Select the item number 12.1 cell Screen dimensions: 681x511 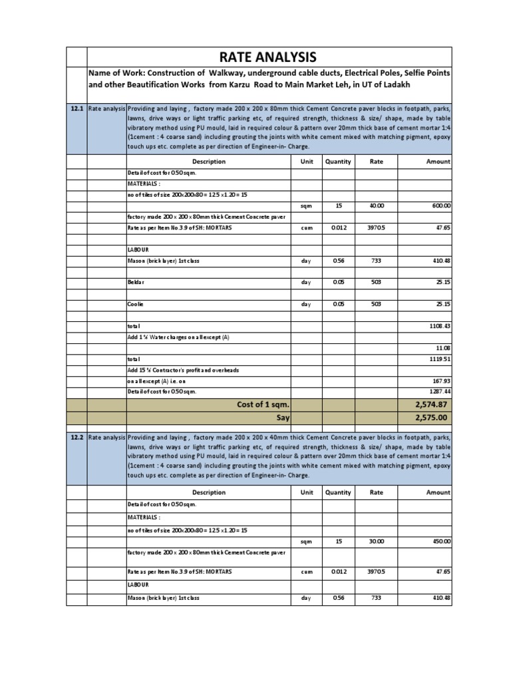(x=76, y=109)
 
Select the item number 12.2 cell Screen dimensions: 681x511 (x=76, y=438)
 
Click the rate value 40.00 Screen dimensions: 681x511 (x=377, y=206)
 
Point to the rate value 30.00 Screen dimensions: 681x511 (x=377, y=541)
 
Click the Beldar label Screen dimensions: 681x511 (x=136, y=283)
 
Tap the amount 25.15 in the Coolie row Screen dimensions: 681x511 (x=441, y=304)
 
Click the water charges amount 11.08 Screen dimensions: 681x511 (x=442, y=348)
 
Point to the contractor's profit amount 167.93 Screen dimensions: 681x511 (x=441, y=381)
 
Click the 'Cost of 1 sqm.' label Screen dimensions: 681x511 (x=263, y=404)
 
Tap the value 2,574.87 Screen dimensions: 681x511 (x=432, y=404)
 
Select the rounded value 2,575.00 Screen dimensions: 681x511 (x=432, y=417)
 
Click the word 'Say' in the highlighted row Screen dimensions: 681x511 (x=283, y=417)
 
